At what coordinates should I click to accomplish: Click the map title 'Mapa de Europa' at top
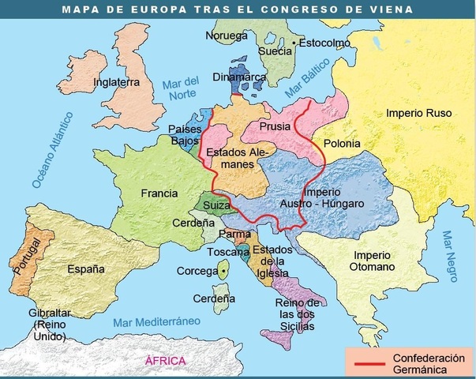238,9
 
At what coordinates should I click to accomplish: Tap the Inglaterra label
116,81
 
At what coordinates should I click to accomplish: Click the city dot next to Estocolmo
294,41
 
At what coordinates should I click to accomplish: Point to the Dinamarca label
239,77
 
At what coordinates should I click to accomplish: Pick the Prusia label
272,126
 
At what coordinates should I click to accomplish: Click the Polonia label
340,144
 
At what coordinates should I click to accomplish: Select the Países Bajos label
186,135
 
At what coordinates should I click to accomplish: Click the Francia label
159,193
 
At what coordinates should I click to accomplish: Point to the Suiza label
217,205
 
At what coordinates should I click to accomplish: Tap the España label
86,268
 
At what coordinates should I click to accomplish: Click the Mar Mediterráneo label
158,322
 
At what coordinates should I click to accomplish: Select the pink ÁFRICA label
166,361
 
